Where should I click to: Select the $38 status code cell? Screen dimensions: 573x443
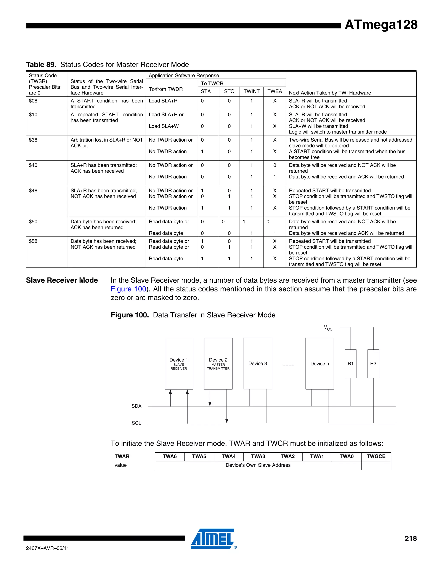point(33,140)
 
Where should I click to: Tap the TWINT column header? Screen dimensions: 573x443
point(251,91)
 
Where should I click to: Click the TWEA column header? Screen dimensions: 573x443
point(274,91)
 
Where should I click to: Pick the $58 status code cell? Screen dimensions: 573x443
point(33,241)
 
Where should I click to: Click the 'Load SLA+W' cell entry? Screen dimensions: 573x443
point(164,126)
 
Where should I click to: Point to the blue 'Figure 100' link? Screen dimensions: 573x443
point(128,289)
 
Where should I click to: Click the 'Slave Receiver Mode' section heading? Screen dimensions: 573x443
point(62,280)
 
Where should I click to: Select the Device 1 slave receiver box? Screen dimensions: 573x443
point(179,364)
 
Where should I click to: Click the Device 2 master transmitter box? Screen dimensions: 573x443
point(218,364)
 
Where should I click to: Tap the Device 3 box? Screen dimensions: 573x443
point(257,364)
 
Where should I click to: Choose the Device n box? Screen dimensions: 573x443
point(319,364)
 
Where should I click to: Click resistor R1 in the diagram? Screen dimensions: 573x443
point(351,364)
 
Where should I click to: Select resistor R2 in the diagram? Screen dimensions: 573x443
point(373,364)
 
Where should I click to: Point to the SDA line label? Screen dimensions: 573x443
point(136,406)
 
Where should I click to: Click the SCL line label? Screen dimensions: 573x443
point(136,423)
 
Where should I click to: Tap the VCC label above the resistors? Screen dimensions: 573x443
point(328,328)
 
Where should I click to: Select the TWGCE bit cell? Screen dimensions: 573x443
point(376,456)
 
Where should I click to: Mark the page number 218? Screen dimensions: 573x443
point(411,538)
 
